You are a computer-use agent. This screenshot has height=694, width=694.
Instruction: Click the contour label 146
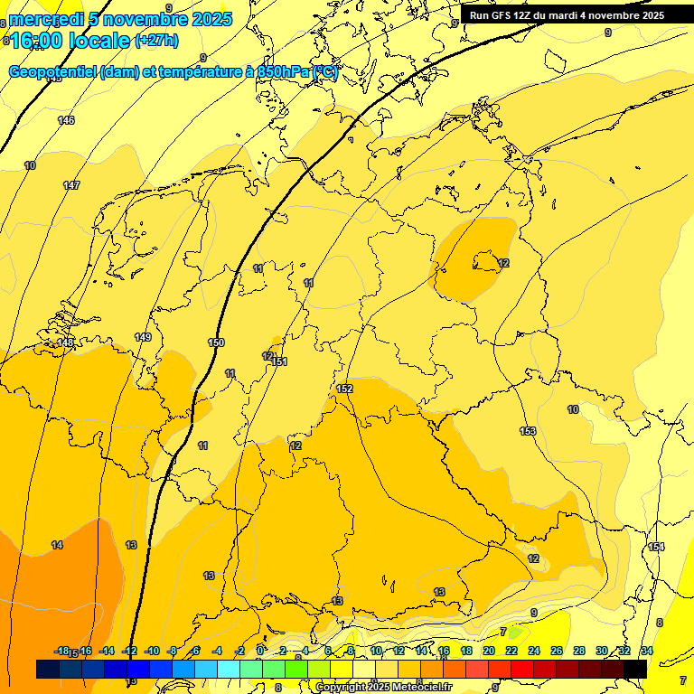tap(66, 120)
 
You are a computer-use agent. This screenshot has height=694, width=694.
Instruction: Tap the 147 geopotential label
tap(71, 185)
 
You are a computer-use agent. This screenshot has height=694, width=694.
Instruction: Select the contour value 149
tap(143, 337)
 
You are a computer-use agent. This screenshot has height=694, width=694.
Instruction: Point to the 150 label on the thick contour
tap(216, 342)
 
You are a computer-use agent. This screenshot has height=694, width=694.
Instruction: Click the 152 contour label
tap(344, 389)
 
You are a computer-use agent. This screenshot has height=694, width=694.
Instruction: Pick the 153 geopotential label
tap(528, 431)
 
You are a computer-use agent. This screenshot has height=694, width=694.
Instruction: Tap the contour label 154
tap(656, 547)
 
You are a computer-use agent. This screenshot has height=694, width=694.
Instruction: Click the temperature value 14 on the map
tap(57, 545)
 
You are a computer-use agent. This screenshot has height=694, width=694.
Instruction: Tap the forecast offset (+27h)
tap(156, 41)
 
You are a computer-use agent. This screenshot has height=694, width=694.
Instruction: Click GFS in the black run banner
tap(504, 14)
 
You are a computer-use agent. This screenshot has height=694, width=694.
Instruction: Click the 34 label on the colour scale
tap(646, 651)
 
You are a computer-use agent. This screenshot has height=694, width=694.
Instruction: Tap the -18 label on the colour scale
tap(61, 651)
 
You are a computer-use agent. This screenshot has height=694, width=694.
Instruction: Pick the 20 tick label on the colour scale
tap(489, 651)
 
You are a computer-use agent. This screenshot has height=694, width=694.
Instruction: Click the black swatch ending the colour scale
tap(634, 669)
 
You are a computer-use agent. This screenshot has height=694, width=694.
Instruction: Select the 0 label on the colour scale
tap(260, 651)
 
